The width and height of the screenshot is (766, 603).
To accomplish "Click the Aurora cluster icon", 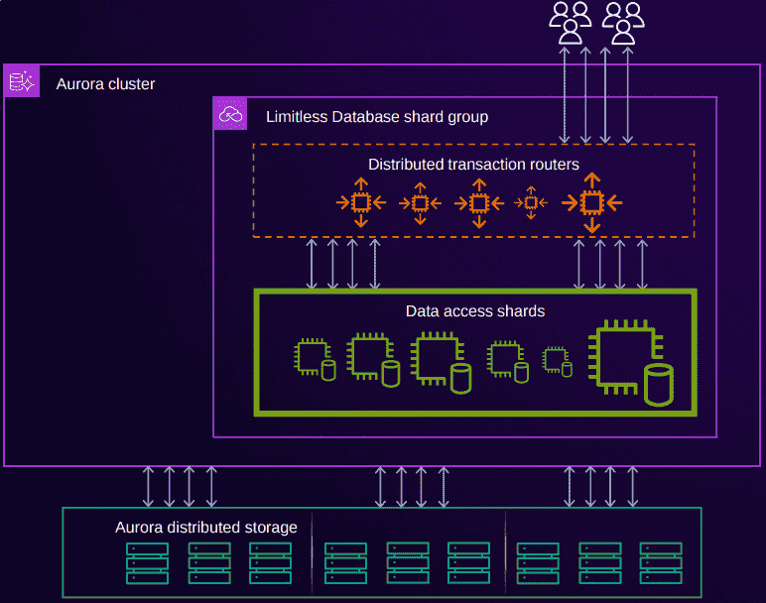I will click(21, 82).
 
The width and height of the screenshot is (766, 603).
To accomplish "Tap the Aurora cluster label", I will click(105, 84).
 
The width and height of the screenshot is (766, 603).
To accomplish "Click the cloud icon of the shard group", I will click(230, 114).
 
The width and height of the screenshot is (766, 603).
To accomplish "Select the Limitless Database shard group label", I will click(377, 117).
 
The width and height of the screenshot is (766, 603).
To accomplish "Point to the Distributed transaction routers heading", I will click(473, 164).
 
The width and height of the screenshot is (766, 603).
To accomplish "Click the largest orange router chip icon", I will click(591, 202).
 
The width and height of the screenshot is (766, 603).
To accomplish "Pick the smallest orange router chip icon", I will click(531, 202).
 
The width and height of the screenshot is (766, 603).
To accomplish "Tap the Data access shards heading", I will click(475, 311).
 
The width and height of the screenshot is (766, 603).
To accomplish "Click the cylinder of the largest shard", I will click(658, 385).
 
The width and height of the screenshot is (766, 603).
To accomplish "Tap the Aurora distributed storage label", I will click(205, 528).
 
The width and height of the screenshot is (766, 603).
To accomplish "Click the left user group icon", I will click(571, 23).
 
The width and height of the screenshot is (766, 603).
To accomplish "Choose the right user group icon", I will click(623, 23).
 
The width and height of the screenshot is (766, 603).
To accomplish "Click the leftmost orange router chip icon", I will click(360, 202).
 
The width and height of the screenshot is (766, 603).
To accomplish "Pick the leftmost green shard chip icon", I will click(311, 356).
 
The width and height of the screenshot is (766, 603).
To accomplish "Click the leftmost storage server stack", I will click(147, 562).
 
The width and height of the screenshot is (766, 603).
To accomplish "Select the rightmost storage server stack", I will click(661, 562).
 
